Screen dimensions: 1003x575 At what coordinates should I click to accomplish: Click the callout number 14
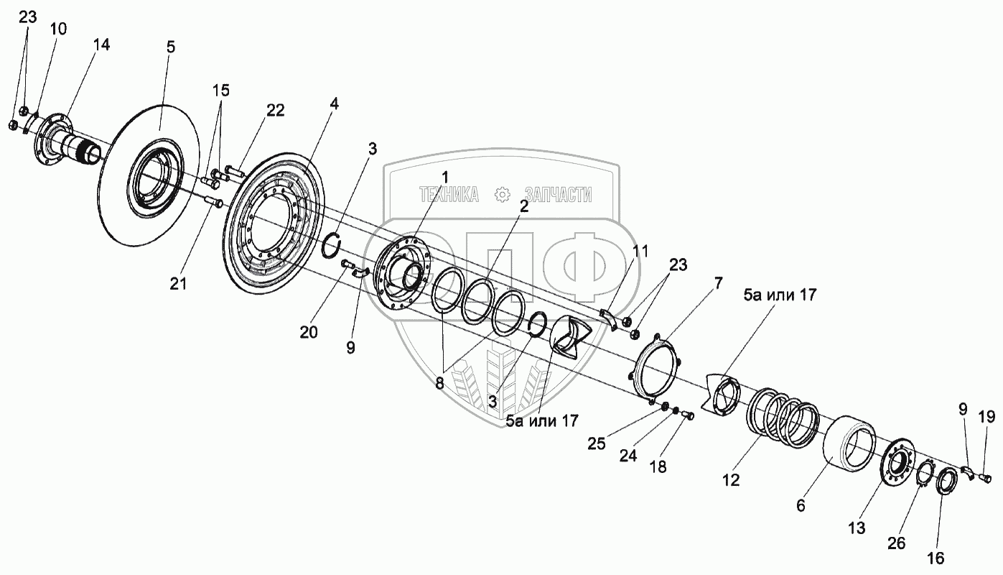[102, 45]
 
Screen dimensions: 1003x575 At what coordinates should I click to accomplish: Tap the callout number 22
[276, 110]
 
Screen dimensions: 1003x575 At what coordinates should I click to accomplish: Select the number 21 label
[178, 284]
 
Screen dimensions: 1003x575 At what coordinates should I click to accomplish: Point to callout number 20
[309, 332]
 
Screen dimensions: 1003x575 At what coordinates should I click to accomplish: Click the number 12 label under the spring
[731, 480]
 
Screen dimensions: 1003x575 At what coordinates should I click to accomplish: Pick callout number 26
[897, 543]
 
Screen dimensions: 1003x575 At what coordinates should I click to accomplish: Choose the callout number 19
[986, 417]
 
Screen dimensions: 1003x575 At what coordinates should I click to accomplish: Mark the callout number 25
[597, 443]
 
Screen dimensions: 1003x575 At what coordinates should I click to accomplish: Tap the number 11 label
[640, 252]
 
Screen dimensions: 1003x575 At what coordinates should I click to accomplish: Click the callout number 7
[718, 283]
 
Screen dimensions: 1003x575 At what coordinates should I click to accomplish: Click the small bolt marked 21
[213, 202]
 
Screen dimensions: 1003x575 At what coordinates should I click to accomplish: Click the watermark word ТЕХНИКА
[449, 195]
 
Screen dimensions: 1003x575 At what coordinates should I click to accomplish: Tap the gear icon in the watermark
[502, 195]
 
